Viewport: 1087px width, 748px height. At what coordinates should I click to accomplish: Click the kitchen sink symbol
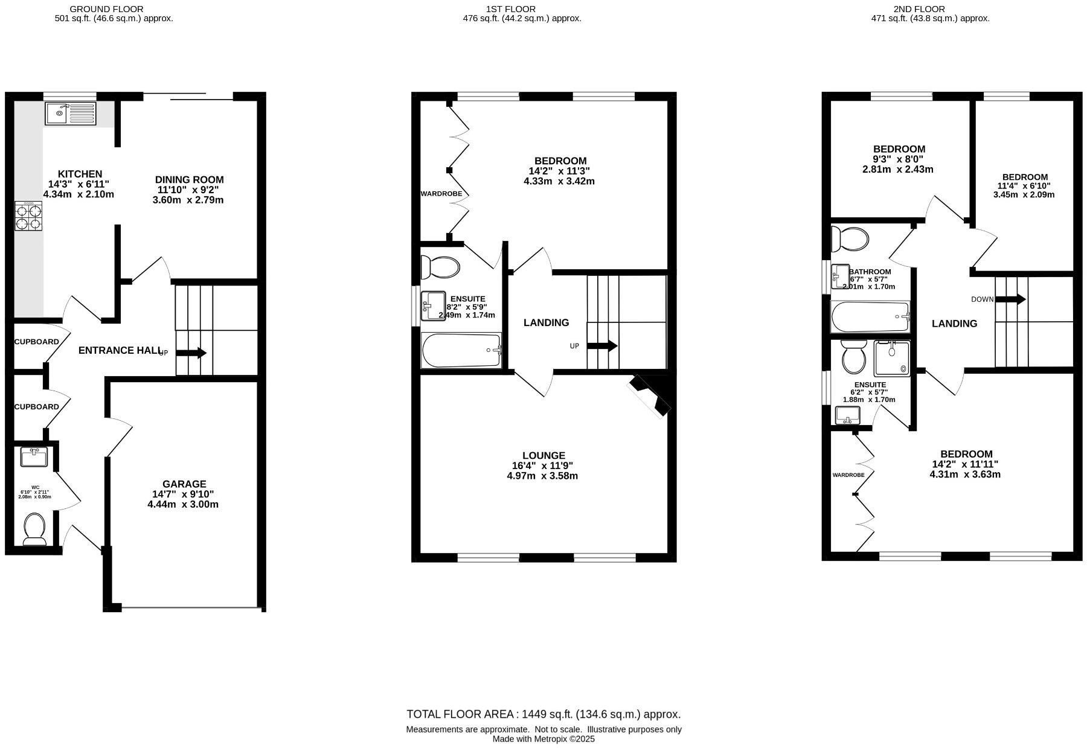(70, 113)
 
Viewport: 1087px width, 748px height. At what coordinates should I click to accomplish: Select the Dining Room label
(189, 180)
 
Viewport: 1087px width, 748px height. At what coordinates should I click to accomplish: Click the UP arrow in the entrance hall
(192, 353)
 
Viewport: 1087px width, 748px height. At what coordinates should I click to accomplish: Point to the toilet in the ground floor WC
(34, 529)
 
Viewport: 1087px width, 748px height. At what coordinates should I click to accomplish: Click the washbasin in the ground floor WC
(34, 457)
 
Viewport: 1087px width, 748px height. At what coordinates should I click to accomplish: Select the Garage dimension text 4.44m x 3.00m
(183, 504)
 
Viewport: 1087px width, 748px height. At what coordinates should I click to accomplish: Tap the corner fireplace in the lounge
(650, 395)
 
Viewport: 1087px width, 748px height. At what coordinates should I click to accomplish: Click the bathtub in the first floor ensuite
(461, 351)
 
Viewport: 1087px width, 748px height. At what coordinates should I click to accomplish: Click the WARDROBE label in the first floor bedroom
(441, 194)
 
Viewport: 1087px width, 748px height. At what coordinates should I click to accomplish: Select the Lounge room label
(543, 456)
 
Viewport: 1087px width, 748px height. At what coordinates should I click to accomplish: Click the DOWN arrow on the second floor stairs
(1010, 299)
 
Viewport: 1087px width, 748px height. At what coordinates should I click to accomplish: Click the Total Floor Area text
(543, 714)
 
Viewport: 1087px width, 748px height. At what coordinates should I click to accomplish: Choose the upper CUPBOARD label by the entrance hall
(37, 342)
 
